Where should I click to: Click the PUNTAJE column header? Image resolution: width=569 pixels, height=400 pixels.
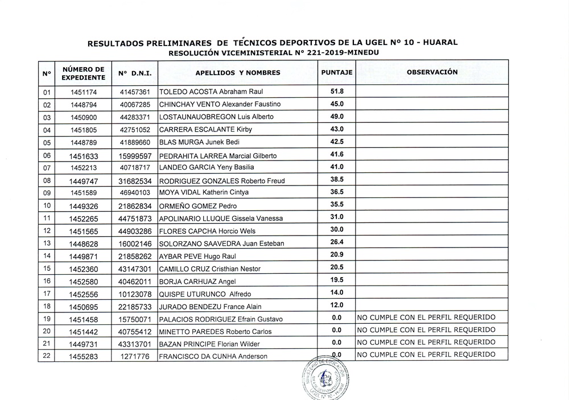pos(337,73)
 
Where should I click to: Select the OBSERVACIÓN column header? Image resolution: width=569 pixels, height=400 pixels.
pos(432,72)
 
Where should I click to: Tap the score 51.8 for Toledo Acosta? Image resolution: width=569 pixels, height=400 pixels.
pos(337,91)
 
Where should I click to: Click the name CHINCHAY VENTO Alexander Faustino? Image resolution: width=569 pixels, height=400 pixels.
pos(220,104)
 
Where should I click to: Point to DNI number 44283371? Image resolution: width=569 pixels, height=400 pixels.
pos(135,117)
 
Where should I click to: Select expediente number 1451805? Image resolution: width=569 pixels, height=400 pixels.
pos(84,129)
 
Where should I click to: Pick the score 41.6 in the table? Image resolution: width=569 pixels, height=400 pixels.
pos(337,154)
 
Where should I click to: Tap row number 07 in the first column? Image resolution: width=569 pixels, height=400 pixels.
pos(47,168)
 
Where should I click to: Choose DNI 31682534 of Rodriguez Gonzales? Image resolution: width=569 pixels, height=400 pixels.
pos(135,180)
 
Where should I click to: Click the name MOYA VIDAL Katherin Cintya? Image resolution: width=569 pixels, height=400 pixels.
pos(204,192)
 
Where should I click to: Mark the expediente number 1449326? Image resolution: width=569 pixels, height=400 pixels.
pos(84,205)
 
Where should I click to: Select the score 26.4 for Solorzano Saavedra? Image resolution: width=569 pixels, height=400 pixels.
pos(337,242)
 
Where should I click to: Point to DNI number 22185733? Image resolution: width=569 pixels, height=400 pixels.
pos(135,307)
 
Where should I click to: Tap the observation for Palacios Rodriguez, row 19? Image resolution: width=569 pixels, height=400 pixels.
pos(426,317)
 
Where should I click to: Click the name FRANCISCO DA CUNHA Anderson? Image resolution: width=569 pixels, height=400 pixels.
pos(213,357)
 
